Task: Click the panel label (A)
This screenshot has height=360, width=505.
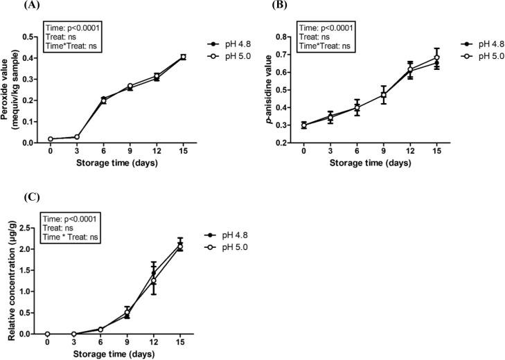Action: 12,5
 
